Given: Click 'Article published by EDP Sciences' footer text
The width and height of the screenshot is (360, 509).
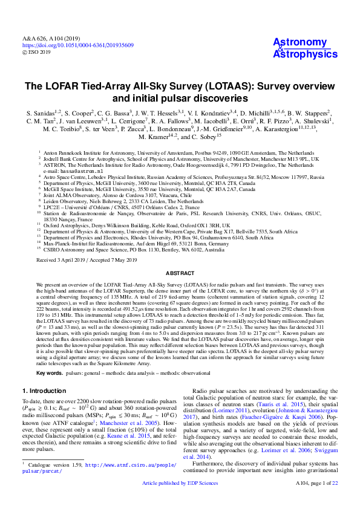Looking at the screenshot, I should tap(180, 501).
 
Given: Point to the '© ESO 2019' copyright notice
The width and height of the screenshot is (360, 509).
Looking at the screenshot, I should tap(41, 53).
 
